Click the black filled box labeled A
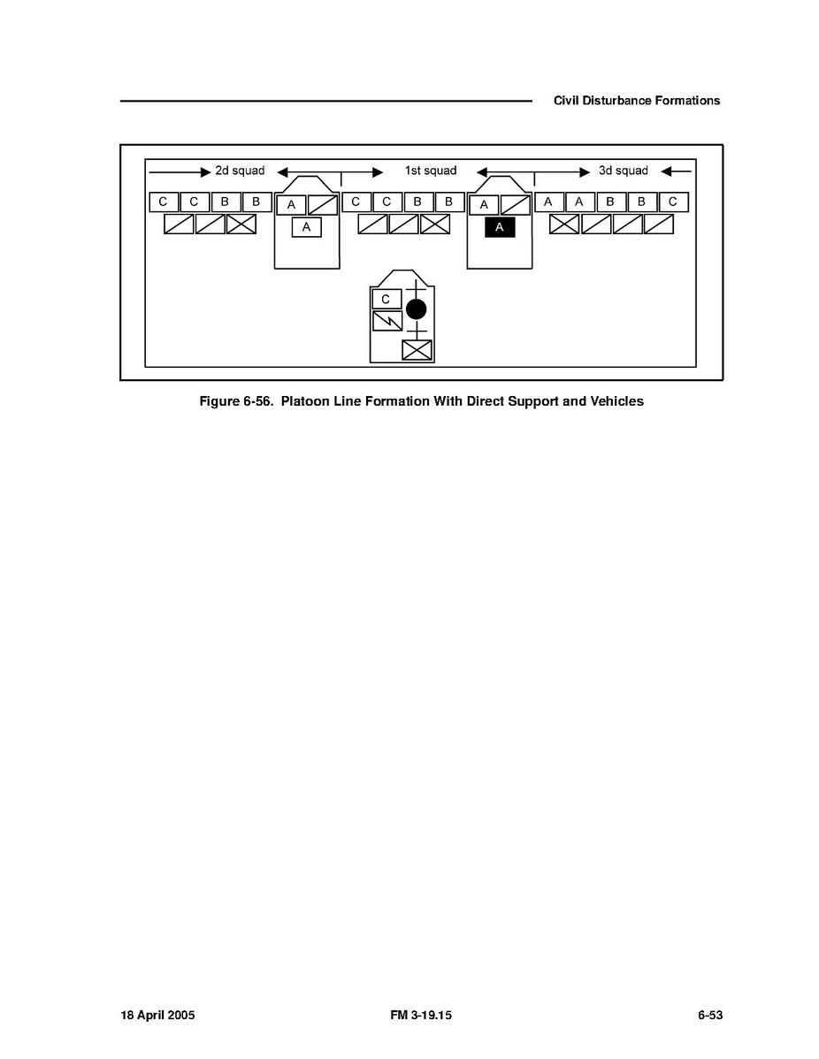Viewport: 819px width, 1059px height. point(500,227)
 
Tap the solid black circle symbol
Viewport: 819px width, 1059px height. point(417,309)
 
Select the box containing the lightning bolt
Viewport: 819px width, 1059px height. point(387,321)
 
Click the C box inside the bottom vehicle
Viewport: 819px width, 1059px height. point(387,299)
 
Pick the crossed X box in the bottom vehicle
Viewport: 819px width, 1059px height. point(417,351)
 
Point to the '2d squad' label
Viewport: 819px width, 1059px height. point(240,171)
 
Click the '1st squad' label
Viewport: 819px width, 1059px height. point(431,171)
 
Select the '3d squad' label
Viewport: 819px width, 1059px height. point(623,171)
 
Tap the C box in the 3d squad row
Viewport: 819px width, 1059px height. point(673,202)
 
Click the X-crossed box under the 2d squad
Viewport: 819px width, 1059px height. point(241,225)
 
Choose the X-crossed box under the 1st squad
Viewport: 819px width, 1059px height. point(435,225)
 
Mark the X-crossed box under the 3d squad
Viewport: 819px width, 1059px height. point(564,225)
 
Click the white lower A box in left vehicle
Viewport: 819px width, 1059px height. point(306,227)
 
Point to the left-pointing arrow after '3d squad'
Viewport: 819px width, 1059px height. point(677,171)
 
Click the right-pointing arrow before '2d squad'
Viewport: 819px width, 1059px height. point(180,172)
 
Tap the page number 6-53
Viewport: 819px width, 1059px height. point(710,1015)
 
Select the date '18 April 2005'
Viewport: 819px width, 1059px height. point(157,1015)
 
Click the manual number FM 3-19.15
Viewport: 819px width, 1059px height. point(421,1015)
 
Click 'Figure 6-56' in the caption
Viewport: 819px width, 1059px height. point(236,401)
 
